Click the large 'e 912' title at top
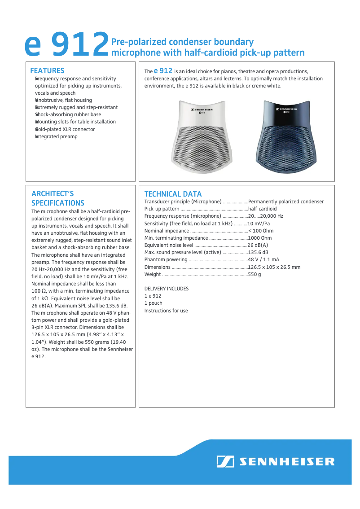pos(66,45)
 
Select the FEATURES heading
pos(47,70)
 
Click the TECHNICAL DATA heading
pos(173,194)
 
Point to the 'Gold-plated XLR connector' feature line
pos(65,129)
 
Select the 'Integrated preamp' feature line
pos(56,136)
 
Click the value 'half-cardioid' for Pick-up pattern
pos(262,209)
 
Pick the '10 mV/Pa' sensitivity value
pos(259,224)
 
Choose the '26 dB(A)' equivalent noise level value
pos(258,245)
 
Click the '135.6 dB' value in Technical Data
pos(258,252)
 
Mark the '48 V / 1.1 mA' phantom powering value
pos(263,259)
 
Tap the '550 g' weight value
pos(255,274)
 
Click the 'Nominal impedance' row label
pos(167,231)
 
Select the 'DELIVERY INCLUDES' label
pos(167,289)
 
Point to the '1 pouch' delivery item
pos(154,303)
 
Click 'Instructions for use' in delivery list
pos(166,311)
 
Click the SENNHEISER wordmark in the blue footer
pos(286,461)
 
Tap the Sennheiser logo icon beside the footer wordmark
pos(225,461)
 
